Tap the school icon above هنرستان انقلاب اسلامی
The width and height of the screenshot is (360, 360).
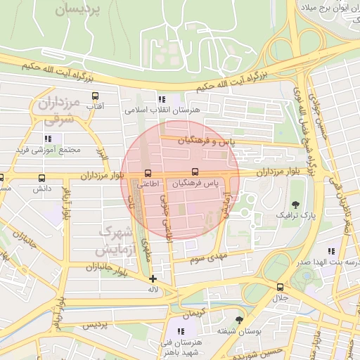(162, 100)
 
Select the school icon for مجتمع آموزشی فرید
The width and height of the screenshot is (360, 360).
(49, 139)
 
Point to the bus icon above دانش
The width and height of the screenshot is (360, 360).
(42, 179)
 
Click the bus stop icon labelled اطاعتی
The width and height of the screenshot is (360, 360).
(147, 173)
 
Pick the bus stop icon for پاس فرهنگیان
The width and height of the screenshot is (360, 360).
(195, 172)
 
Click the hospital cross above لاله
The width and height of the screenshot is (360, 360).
(153, 279)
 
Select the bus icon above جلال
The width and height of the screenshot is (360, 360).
(281, 287)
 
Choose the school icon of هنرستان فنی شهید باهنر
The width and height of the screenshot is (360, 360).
(181, 330)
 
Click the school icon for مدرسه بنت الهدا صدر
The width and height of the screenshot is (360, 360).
(330, 251)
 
